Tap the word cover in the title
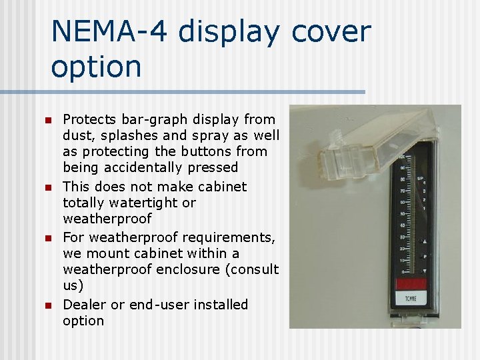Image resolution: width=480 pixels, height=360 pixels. pos(329,31)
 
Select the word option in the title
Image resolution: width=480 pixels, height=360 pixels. pos(96,67)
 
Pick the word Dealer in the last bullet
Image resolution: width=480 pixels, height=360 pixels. pos(85,305)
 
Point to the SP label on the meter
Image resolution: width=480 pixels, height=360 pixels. pos(421,179)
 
